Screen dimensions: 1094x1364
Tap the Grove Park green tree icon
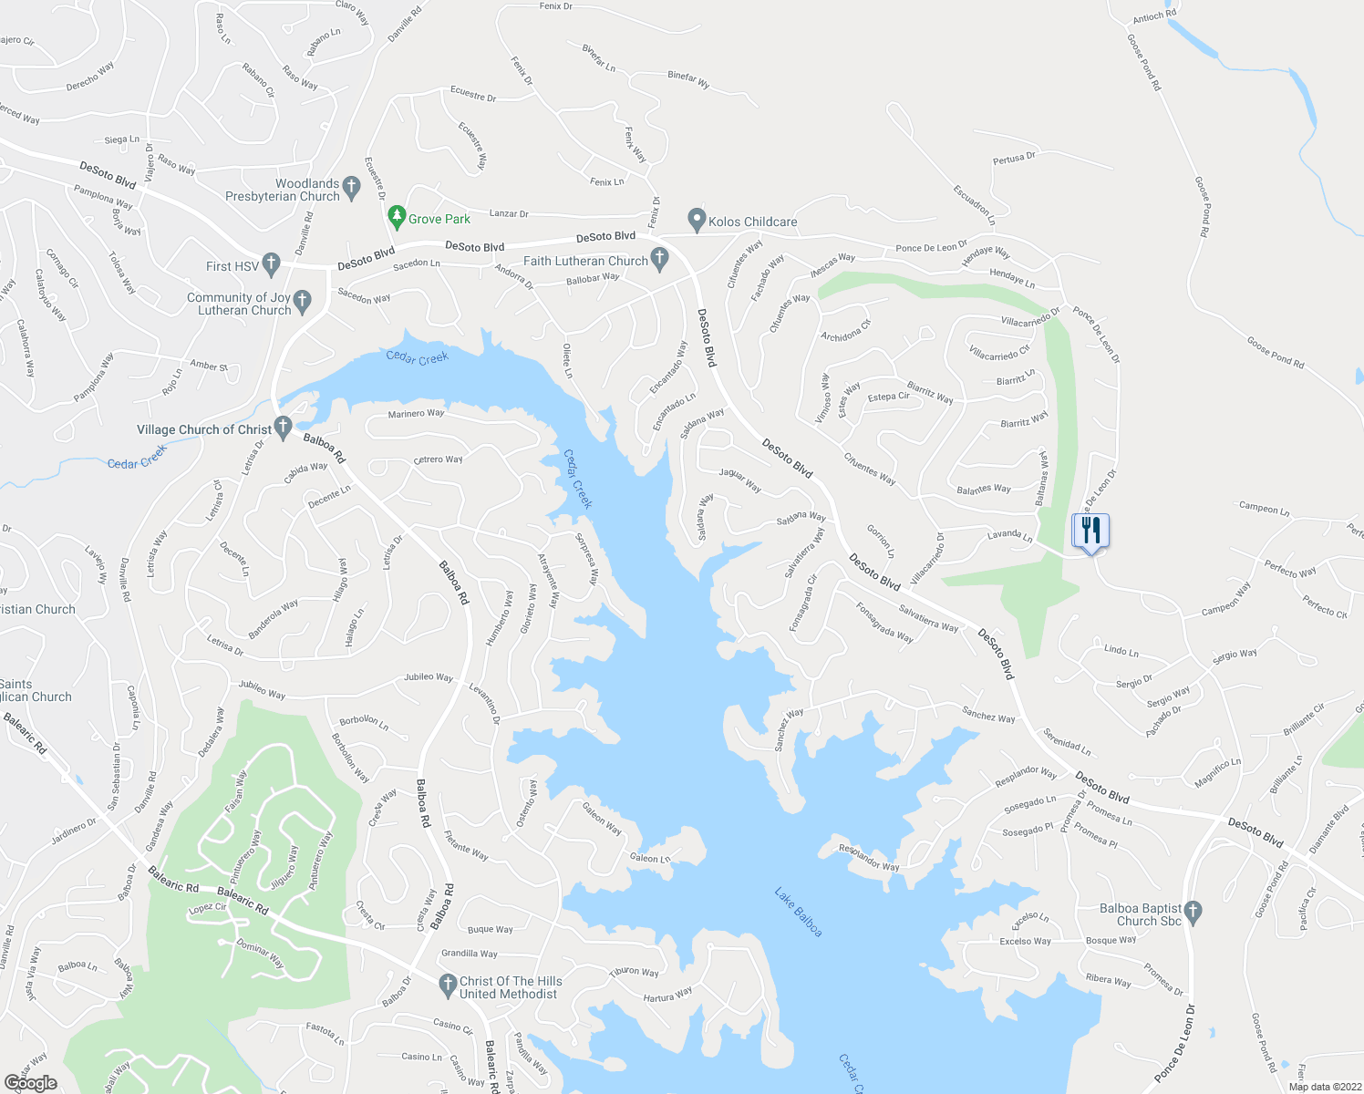[396, 218]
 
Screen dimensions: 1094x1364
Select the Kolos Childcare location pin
[697, 220]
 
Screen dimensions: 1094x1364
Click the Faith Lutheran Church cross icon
[659, 260]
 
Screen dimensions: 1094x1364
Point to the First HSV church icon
[271, 265]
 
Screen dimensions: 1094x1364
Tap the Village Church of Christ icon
[283, 427]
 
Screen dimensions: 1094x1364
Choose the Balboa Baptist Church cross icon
[1193, 911]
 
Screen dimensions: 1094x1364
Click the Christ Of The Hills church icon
[447, 986]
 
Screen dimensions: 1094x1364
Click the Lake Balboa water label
[799, 912]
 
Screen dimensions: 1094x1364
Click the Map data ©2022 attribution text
[1321, 1087]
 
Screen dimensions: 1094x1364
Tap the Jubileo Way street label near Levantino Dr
[429, 677]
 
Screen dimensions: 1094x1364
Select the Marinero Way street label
[416, 414]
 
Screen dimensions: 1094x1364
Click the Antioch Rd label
[1154, 15]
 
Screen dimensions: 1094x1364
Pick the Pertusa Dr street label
[1014, 159]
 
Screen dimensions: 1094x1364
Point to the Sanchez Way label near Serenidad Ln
[988, 716]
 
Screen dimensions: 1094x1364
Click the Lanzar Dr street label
[509, 214]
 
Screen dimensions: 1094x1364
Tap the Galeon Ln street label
[650, 858]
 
